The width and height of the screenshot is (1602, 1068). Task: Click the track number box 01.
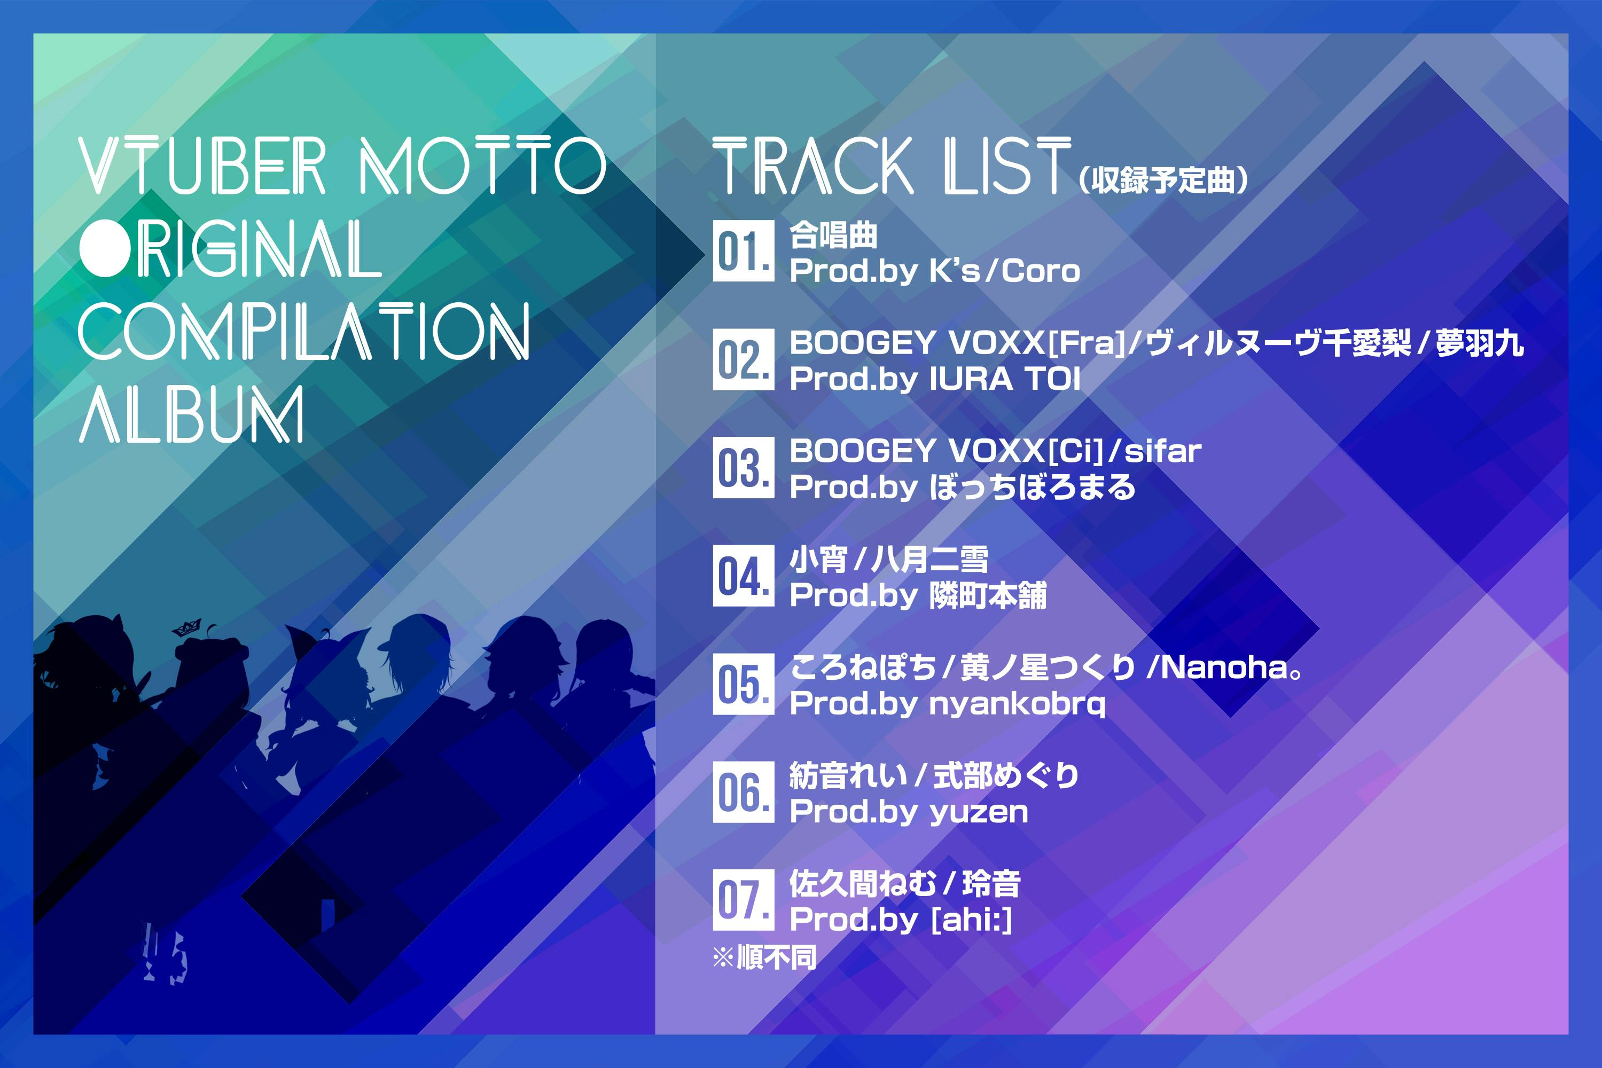pyautogui.click(x=744, y=250)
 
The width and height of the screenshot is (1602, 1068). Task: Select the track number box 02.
pyautogui.click(x=744, y=359)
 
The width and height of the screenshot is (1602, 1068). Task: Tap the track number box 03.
pyautogui.click(x=744, y=467)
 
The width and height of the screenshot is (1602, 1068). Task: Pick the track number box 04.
pyautogui.click(x=744, y=576)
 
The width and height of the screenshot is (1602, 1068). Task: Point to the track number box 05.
pyautogui.click(x=744, y=684)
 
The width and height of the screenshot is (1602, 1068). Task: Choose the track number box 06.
pyautogui.click(x=744, y=791)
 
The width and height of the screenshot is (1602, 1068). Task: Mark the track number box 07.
pyautogui.click(x=744, y=900)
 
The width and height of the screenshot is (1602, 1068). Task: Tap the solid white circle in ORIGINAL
pyautogui.click(x=106, y=249)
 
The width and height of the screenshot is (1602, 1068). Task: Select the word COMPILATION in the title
pyautogui.click(x=304, y=332)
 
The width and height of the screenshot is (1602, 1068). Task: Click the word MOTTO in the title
pyautogui.click(x=482, y=166)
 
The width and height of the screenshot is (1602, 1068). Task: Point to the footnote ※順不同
pyautogui.click(x=764, y=957)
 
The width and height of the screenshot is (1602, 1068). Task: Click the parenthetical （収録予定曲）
pyautogui.click(x=1164, y=180)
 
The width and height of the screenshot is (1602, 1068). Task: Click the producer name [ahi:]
pyautogui.click(x=971, y=920)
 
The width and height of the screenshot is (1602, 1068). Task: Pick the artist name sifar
pyautogui.click(x=1162, y=451)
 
